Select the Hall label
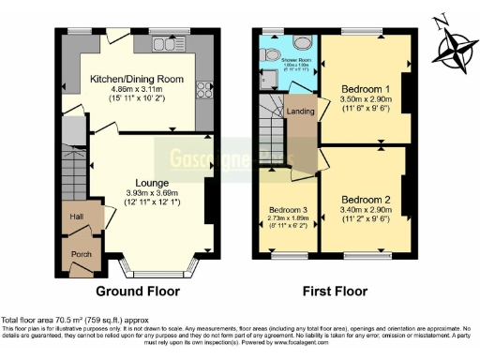(76, 217)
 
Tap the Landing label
(300, 113)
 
